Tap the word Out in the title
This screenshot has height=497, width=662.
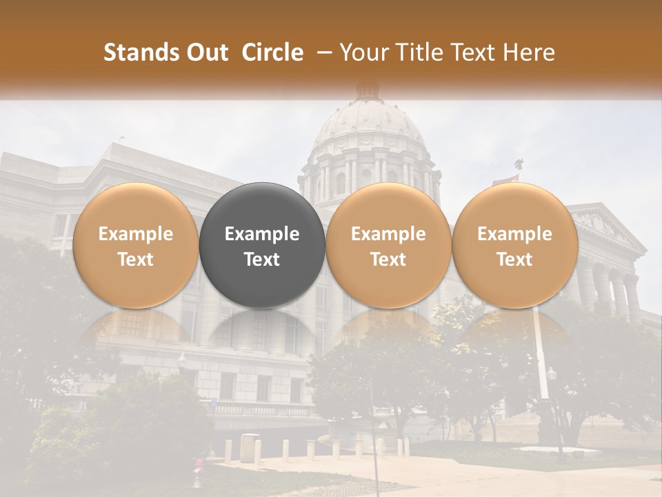(205, 52)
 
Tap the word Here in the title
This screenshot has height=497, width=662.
(528, 52)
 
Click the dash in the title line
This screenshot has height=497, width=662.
(322, 52)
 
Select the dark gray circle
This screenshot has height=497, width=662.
(262, 245)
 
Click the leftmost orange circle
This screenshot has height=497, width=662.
(136, 245)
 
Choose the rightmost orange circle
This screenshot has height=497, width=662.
(514, 245)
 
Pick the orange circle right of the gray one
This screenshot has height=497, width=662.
(388, 245)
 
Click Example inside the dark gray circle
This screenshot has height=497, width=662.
(262, 234)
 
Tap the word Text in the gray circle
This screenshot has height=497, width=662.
(262, 260)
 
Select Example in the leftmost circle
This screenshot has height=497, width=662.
(136, 234)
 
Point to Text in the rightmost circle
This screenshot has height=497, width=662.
(514, 260)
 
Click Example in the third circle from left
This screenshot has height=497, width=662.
(388, 234)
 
